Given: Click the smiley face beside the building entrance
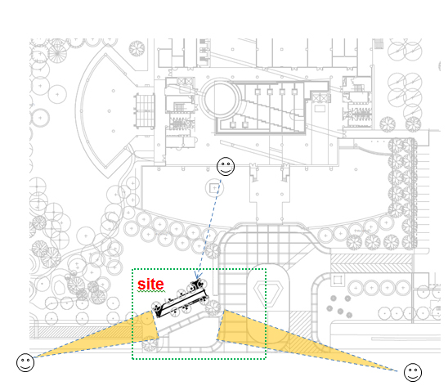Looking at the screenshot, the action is [x=226, y=166].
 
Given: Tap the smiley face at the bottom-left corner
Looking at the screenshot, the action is [x=25, y=362].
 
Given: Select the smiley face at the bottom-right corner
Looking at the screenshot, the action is [x=413, y=372].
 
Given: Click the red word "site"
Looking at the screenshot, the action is [x=150, y=285].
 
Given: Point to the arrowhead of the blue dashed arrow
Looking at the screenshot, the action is [x=197, y=276].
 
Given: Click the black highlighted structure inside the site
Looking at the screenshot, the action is [x=181, y=299].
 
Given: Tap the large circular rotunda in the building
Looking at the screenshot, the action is [x=220, y=99].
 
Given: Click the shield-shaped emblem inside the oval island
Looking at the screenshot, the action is [x=264, y=291].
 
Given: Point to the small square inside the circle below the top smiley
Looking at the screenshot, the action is [x=214, y=188].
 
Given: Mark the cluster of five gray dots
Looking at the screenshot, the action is [x=339, y=307].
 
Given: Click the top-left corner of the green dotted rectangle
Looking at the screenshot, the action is [x=132, y=269].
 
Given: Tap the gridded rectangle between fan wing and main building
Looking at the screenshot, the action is [x=146, y=111].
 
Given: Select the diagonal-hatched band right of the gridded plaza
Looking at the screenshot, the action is [x=371, y=263].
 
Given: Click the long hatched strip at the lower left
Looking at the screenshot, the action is [x=86, y=332].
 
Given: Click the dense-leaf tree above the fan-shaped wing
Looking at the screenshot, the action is [x=137, y=48].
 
